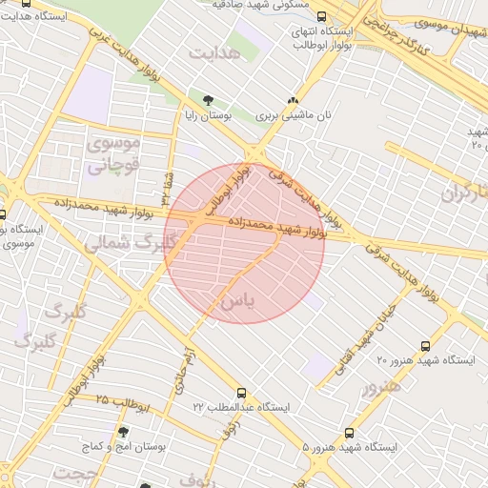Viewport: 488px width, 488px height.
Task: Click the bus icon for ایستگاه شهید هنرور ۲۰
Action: click(425, 346)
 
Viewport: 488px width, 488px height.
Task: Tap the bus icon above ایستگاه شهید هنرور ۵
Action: click(349, 434)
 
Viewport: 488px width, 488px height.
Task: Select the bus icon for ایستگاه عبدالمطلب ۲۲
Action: click(240, 393)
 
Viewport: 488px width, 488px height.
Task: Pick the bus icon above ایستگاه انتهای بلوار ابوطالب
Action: click(320, 16)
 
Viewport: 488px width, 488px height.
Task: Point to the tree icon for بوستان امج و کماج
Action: click(123, 431)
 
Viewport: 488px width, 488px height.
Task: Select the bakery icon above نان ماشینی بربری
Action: click(294, 100)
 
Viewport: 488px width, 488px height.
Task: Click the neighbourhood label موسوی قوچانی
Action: click(113, 152)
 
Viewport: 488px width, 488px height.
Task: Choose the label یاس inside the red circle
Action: click(238, 302)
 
